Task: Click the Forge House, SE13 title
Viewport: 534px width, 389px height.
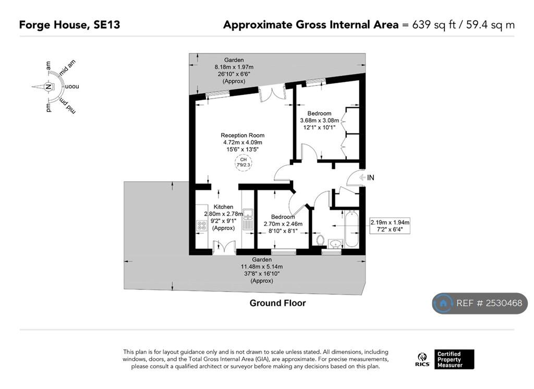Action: (x=69, y=25)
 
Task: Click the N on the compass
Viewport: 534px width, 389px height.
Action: (x=48, y=87)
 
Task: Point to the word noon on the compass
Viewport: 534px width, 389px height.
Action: (x=71, y=87)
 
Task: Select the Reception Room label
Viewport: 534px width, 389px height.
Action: (x=242, y=135)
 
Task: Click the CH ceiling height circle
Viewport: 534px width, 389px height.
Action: (x=243, y=162)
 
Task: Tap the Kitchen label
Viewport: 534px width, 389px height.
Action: (x=223, y=207)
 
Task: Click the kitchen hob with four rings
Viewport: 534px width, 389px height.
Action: (x=202, y=225)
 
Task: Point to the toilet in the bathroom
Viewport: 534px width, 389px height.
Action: (x=320, y=239)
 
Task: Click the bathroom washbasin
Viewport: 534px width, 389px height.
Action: (x=335, y=243)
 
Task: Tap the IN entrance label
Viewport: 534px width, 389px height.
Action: (x=371, y=177)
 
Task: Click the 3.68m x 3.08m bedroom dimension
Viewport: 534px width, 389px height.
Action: (x=320, y=120)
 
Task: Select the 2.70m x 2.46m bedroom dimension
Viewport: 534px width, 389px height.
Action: (x=283, y=224)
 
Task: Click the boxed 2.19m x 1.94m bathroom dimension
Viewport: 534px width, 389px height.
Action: (x=390, y=226)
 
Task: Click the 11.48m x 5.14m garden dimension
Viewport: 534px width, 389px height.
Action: (x=262, y=266)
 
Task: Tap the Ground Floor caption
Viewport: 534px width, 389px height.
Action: (x=277, y=303)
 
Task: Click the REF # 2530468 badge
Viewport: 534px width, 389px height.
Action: (x=480, y=303)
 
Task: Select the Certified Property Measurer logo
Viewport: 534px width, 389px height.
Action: (x=454, y=359)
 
